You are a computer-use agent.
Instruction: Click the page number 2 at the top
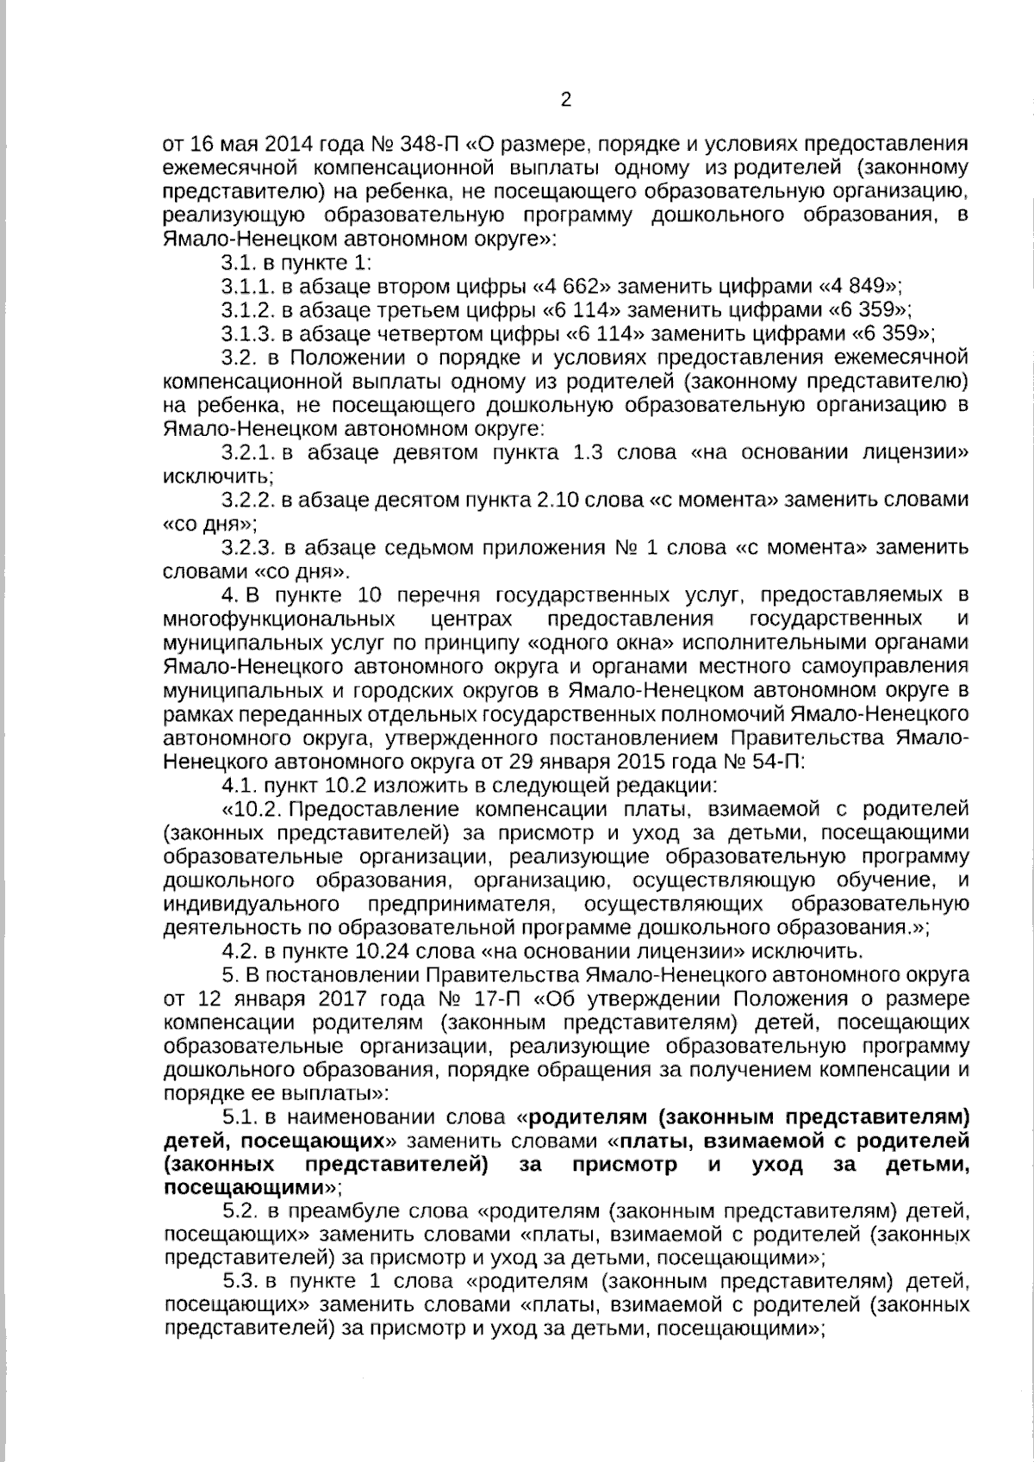566,100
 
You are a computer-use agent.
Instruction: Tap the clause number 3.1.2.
246,309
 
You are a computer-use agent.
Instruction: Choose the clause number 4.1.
239,785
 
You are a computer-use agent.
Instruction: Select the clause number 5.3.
240,1280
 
